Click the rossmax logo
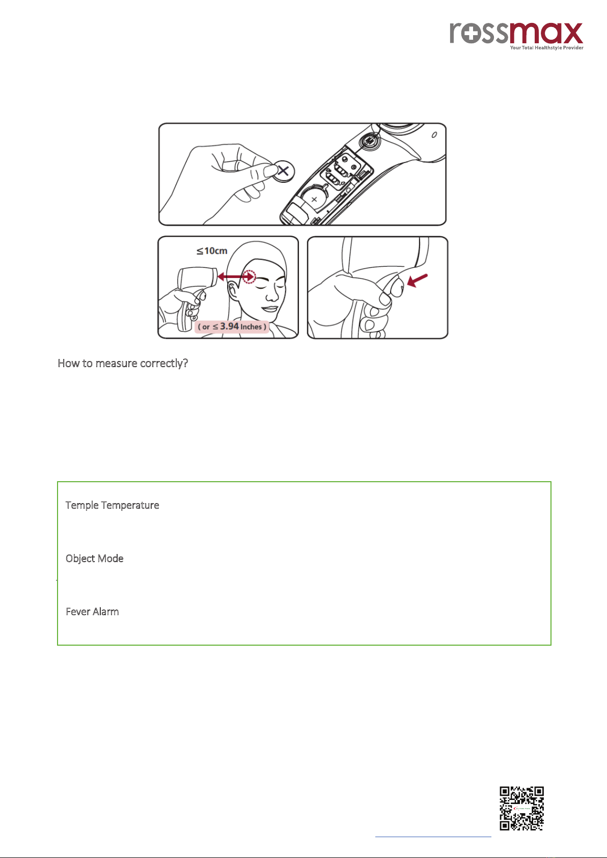pyautogui.click(x=516, y=36)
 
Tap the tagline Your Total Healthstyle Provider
pyautogui.click(x=546, y=47)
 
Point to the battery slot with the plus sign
pyautogui.click(x=314, y=199)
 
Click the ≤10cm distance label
pyautogui.click(x=212, y=251)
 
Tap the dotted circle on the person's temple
pyautogui.click(x=250, y=276)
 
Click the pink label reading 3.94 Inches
pyautogui.click(x=232, y=326)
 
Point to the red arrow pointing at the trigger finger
pyautogui.click(x=417, y=280)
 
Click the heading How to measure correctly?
pyautogui.click(x=123, y=363)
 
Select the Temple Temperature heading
pyautogui.click(x=112, y=505)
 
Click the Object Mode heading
pyautogui.click(x=94, y=559)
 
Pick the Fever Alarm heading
pyautogui.click(x=92, y=612)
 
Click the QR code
pyautogui.click(x=521, y=808)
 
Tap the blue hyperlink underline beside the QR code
pyautogui.click(x=433, y=837)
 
